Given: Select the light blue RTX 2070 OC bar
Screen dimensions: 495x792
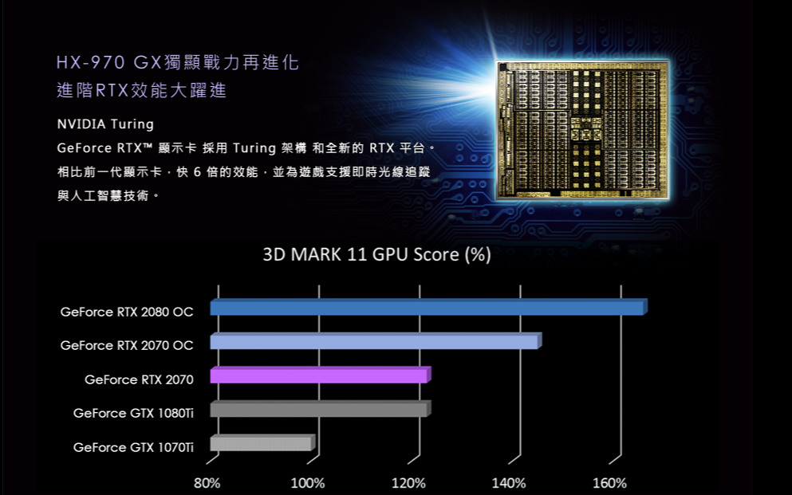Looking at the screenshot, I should click(x=375, y=342).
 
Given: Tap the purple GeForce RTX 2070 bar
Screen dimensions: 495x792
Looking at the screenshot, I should click(x=320, y=375).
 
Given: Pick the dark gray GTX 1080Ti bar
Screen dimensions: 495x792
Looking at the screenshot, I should click(x=320, y=410).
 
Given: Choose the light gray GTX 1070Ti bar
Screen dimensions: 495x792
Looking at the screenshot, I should click(x=262, y=444).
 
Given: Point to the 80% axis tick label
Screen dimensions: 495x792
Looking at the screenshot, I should click(x=207, y=483).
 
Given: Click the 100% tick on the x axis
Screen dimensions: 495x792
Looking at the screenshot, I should click(x=308, y=483).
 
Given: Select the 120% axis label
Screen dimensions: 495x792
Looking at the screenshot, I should click(x=408, y=483).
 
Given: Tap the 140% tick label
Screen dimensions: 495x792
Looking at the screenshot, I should click(x=509, y=483).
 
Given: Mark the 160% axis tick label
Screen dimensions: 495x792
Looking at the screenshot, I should click(x=610, y=483).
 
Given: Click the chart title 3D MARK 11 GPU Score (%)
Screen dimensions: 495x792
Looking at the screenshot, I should click(x=377, y=256).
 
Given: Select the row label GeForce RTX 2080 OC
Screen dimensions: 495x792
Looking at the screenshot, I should click(x=127, y=312).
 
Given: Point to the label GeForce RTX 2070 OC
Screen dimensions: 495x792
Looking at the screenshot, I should click(x=127, y=345).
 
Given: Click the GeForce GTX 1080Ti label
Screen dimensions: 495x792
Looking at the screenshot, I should click(x=133, y=413).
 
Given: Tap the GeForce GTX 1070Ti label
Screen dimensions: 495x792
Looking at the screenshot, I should click(x=133, y=447).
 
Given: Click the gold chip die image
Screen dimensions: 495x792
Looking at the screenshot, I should click(x=581, y=130).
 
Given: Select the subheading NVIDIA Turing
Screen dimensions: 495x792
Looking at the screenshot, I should click(x=105, y=124).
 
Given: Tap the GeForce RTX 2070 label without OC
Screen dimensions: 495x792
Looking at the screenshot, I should click(x=139, y=379).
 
